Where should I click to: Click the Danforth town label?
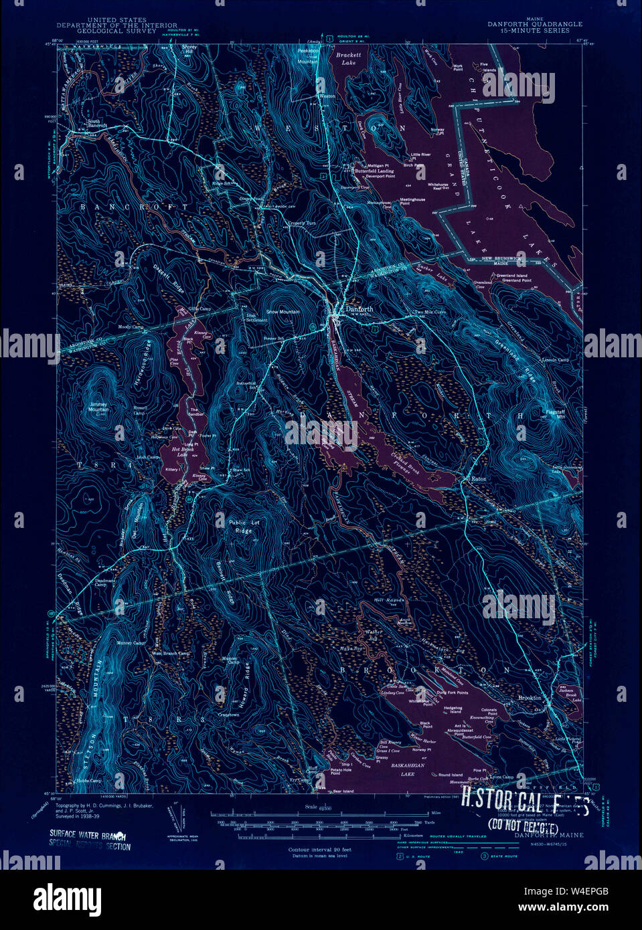[359, 309]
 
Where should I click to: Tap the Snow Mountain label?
[283, 312]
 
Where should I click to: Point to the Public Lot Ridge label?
[244, 527]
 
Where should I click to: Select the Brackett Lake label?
[348, 59]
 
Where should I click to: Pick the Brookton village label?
[530, 698]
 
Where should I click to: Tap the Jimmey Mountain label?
[98, 407]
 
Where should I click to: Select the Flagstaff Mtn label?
[555, 413]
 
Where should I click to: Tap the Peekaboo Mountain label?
[308, 56]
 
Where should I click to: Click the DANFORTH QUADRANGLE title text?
[534, 24]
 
